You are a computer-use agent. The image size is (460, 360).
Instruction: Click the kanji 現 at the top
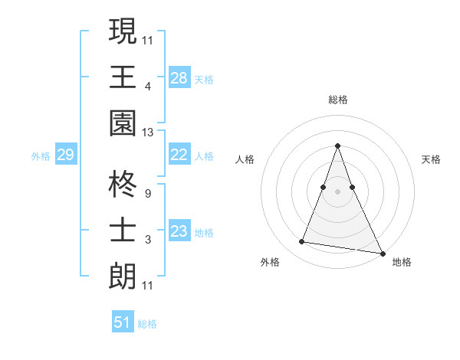point(123,31)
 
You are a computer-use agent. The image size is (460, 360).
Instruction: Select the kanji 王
point(123,77)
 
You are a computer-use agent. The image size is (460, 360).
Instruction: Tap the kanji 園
point(123,123)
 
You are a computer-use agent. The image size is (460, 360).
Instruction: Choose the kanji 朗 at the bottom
point(123,275)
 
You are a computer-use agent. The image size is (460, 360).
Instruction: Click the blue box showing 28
point(179,77)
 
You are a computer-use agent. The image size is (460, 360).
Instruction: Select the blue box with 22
point(179,155)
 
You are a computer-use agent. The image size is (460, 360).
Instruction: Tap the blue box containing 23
point(179,231)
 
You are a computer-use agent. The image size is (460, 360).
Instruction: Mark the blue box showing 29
point(65,155)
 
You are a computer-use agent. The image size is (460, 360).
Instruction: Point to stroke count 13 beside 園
point(148,133)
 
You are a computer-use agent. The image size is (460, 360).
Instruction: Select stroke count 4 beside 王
point(148,87)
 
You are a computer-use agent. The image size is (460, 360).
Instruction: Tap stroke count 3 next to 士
point(147,240)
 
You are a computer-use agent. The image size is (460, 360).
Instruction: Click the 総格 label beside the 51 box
point(147,324)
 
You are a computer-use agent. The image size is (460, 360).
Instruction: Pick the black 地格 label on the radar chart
point(402,262)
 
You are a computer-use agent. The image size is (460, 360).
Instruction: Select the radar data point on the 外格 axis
point(302,242)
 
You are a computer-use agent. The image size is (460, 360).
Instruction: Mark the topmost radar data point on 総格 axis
point(337,146)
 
